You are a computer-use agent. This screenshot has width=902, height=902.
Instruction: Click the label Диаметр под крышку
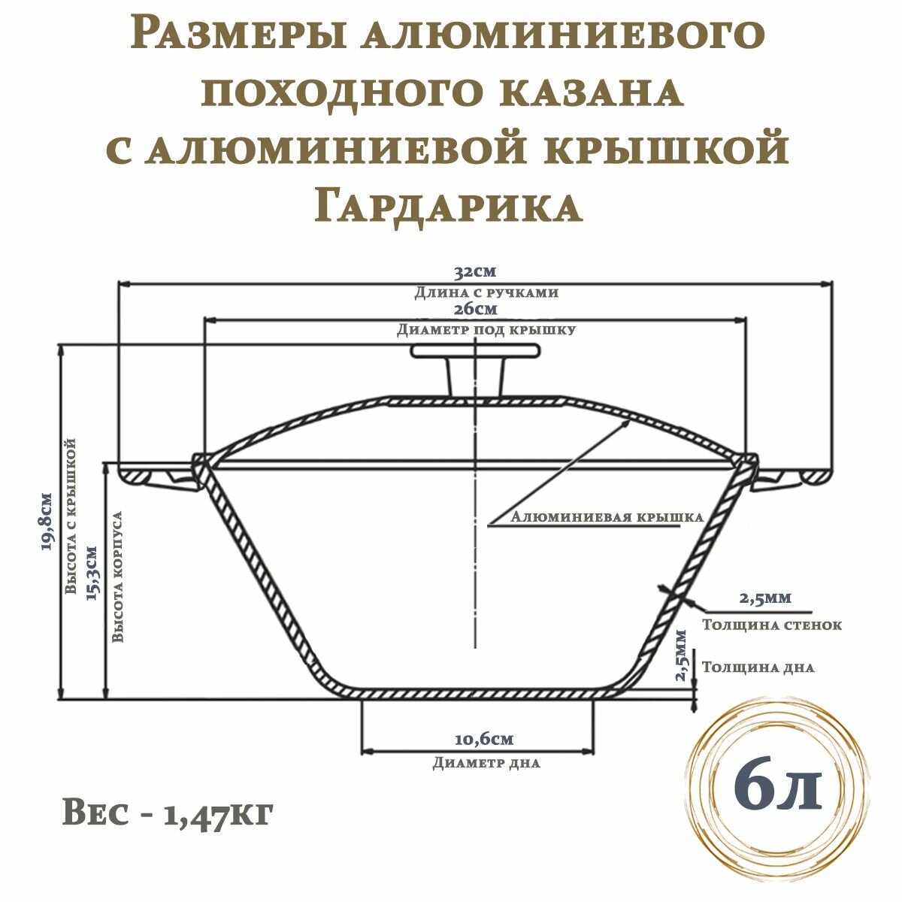coord(486,329)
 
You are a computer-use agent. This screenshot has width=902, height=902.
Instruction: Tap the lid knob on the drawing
coord(474,368)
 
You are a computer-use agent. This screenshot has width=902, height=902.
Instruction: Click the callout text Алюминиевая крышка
coord(606,517)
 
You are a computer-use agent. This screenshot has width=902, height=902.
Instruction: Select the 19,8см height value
coord(47,522)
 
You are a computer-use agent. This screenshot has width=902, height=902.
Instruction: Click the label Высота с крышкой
coord(71,519)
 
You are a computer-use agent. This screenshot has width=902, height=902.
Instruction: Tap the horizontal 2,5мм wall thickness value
coord(764,598)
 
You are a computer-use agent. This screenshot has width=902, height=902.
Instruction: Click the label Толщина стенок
coord(771,625)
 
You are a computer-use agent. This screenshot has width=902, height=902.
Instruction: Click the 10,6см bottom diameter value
coord(484,739)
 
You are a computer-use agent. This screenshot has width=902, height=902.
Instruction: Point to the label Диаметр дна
coord(486,763)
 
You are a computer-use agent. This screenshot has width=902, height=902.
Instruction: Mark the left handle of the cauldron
coord(154,477)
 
